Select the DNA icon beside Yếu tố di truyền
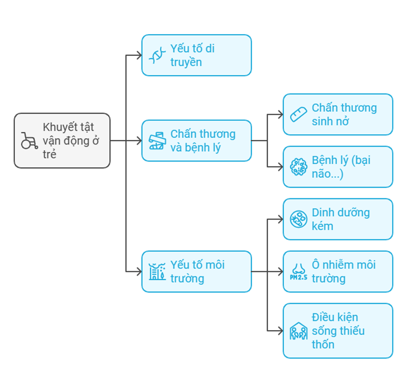point(157,55)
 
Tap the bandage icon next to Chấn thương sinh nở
point(298,114)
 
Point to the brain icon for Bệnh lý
point(298,167)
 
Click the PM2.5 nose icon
point(298,272)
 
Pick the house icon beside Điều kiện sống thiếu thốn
point(298,331)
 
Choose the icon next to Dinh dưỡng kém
point(298,219)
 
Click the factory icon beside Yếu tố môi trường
point(157,272)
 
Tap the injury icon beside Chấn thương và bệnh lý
point(157,141)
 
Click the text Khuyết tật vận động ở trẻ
point(71,140)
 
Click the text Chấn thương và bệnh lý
point(202,141)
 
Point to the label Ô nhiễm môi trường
point(343,272)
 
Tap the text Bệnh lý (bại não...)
point(341,167)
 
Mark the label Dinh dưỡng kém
point(340,219)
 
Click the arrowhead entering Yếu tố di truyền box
point(139,55)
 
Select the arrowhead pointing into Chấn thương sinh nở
point(280,114)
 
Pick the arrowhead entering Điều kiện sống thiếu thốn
point(280,331)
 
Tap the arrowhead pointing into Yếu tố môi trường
point(139,272)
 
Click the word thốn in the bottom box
point(323,344)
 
